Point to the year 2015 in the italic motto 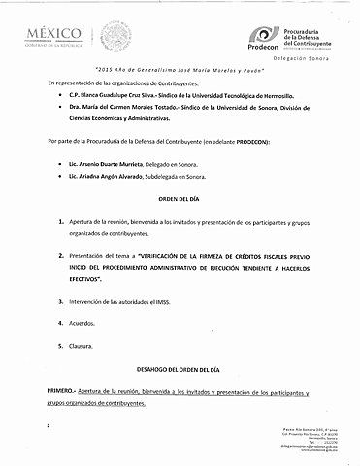point(109,73)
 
